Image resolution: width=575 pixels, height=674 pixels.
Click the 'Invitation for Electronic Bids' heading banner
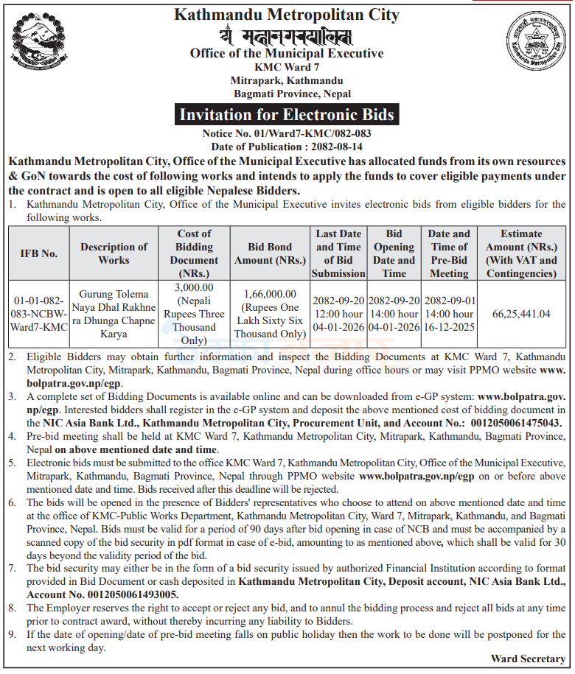click(287, 114)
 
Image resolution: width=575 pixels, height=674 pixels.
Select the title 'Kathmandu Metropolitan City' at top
click(287, 14)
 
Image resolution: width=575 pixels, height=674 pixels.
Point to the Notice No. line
click(287, 134)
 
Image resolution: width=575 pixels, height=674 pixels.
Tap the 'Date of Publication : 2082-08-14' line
click(287, 147)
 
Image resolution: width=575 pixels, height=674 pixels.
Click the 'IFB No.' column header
click(39, 253)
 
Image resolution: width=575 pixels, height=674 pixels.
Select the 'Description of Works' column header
click(114, 253)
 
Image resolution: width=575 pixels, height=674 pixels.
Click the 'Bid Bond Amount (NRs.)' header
click(270, 253)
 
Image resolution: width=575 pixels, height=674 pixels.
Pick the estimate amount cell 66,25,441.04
click(521, 314)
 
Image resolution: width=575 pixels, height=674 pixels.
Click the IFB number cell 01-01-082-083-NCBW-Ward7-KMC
click(39, 315)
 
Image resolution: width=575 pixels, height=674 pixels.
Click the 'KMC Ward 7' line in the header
click(287, 68)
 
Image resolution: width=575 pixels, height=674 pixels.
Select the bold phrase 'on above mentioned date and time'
click(135, 449)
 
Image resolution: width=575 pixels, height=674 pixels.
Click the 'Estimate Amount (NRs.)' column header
click(521, 253)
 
